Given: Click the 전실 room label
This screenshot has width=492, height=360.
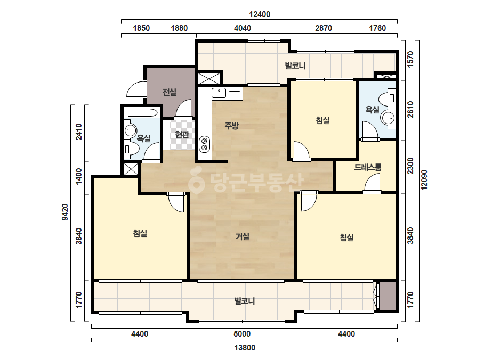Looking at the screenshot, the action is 169,92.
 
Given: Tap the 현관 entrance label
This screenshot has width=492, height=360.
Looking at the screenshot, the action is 182,135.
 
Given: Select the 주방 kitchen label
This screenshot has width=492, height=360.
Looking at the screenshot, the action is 231,126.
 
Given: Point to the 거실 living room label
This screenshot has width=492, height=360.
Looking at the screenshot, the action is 243,236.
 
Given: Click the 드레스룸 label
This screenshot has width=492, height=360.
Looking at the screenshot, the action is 368,167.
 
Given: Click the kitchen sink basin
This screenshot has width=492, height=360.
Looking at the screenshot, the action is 219,93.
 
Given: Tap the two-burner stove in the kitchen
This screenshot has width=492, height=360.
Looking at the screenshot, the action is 204,144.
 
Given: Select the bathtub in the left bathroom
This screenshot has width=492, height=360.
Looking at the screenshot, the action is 143,113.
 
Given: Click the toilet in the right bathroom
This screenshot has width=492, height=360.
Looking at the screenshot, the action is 388,98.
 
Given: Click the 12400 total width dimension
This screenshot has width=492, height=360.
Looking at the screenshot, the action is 260,14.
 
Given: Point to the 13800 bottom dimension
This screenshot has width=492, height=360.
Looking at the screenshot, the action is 245,347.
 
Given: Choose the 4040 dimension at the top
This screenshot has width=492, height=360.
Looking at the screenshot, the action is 243,28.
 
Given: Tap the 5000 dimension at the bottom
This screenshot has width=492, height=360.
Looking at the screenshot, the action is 242,334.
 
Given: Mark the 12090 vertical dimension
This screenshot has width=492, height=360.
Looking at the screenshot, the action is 424,179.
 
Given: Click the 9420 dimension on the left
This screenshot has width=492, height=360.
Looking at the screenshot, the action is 65,212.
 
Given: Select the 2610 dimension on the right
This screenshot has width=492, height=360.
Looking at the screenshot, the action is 410,110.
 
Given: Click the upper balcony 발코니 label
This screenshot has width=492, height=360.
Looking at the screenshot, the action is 295,66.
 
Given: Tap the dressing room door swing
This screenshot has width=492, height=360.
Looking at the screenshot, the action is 372,183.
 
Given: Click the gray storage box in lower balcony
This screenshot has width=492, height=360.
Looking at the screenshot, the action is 388,296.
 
